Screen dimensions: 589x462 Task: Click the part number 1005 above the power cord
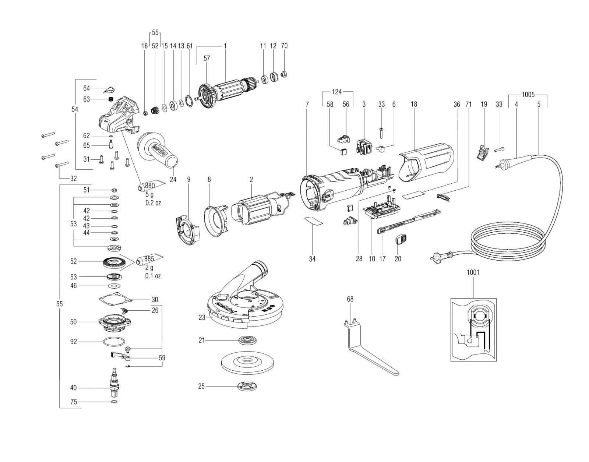(528, 95)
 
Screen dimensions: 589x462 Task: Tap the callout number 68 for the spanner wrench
(350, 299)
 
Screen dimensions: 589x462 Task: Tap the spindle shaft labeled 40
(114, 382)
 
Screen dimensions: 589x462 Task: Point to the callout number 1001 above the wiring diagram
(473, 272)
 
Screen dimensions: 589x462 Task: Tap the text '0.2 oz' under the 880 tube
(153, 203)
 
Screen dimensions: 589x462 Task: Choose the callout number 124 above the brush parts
(336, 92)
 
